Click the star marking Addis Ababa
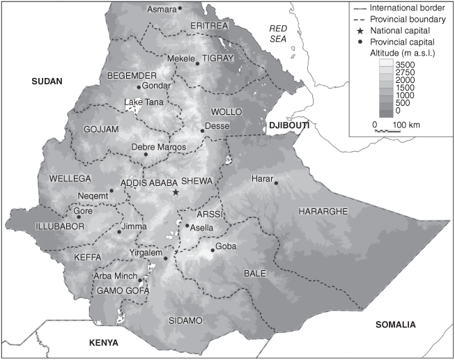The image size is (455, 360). tap(176, 192)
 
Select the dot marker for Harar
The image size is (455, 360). tap(276, 183)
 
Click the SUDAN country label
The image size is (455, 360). tap(47, 81)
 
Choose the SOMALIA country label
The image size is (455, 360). tap(394, 325)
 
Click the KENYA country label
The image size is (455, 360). tap(103, 343)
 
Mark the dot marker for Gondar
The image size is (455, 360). tap(139, 87)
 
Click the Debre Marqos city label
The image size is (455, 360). tap(158, 147)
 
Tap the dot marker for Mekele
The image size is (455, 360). tap(197, 63)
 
